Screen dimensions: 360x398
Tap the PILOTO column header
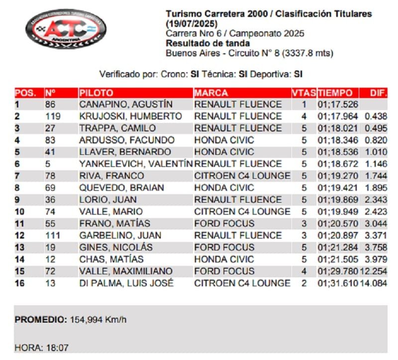[96, 93]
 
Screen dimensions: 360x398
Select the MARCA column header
[211, 93]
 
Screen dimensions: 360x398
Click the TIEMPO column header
[335, 93]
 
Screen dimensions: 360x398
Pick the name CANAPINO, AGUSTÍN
[126, 105]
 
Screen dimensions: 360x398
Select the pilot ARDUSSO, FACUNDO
[127, 140]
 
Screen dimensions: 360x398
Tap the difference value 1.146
[376, 164]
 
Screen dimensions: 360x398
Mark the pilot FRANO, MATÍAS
[114, 224]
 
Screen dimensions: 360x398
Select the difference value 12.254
[374, 271]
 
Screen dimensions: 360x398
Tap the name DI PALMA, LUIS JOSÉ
[126, 283]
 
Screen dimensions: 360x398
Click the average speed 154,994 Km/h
[98, 320]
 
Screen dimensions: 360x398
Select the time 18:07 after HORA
[58, 348]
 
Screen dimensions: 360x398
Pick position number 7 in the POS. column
[17, 176]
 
